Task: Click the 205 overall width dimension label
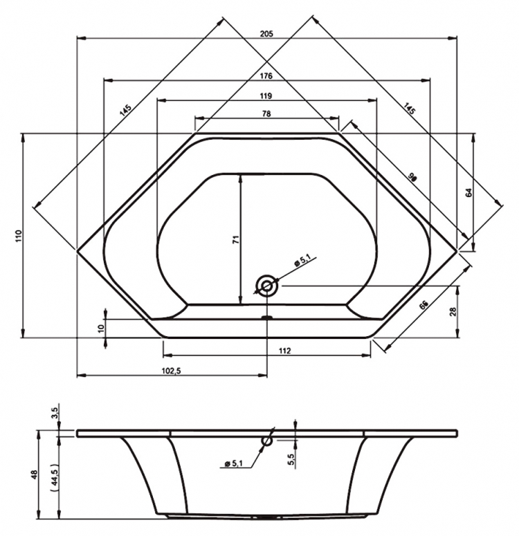click(266, 33)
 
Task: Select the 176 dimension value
click(266, 76)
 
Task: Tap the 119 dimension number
click(266, 96)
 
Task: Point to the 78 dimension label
click(266, 114)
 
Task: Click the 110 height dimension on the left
click(19, 237)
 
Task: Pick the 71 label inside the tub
click(236, 239)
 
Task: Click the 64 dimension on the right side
click(468, 192)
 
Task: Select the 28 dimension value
click(453, 311)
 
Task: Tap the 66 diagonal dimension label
click(424, 304)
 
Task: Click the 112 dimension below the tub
click(284, 351)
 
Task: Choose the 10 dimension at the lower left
click(100, 329)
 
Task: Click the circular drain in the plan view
click(267, 285)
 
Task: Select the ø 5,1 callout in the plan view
click(302, 261)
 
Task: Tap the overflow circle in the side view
click(267, 441)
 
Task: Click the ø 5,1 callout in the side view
click(233, 463)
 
